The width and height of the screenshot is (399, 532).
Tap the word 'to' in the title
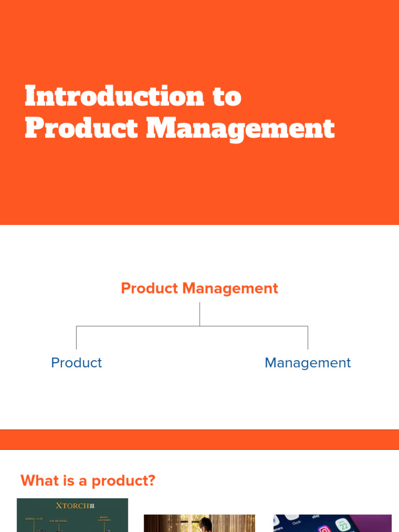point(227,97)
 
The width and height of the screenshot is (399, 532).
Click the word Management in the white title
point(240,129)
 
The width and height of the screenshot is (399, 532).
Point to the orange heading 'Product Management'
point(199,288)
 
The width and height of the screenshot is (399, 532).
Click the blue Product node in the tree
point(76,363)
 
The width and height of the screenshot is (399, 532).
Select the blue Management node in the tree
point(308,363)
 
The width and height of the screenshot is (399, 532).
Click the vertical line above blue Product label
point(76,338)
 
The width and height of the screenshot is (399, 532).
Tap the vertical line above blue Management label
point(308,338)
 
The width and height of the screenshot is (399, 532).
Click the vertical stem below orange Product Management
point(199,314)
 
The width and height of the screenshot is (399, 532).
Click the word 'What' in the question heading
point(40,481)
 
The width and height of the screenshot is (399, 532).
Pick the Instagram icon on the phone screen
point(325,529)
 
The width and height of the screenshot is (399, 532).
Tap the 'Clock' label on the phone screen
point(297,522)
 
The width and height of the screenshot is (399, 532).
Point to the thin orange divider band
point(199,440)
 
